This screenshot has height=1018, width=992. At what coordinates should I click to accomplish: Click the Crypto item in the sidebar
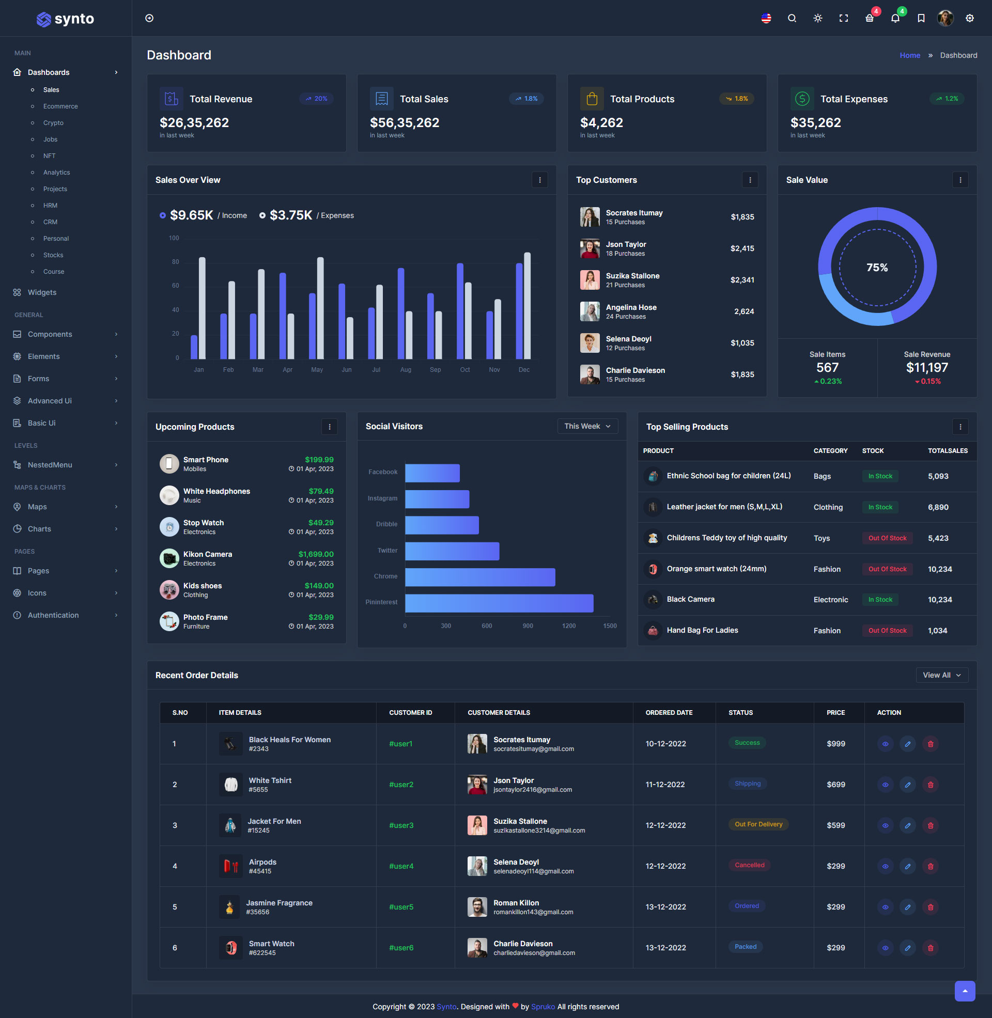tap(53, 123)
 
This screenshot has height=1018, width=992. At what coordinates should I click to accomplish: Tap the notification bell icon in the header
tap(895, 18)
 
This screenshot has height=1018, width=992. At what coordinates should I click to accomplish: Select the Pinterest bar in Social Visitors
tap(499, 602)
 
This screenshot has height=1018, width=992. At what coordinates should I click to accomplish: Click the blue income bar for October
tap(460, 311)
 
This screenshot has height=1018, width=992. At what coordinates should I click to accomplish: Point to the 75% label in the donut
tap(877, 268)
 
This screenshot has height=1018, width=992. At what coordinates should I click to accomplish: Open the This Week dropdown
tap(587, 426)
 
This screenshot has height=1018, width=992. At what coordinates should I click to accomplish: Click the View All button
tap(941, 675)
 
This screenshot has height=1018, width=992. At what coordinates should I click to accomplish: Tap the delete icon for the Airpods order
tap(930, 866)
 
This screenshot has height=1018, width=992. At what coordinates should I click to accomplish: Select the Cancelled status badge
tap(749, 865)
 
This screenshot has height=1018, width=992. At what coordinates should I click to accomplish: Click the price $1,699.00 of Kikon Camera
tap(316, 554)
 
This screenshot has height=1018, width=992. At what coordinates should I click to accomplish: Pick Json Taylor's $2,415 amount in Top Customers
tap(742, 248)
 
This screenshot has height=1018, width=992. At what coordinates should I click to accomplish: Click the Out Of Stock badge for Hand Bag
tap(887, 631)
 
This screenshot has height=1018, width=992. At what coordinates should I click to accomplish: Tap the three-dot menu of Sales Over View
tap(539, 180)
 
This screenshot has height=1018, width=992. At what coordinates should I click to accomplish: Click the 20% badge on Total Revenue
tap(316, 99)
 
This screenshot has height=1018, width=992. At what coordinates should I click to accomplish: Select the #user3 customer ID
tap(400, 825)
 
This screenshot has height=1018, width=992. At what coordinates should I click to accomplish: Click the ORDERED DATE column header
tap(669, 712)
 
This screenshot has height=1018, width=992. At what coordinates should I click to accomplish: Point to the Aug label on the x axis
tap(406, 370)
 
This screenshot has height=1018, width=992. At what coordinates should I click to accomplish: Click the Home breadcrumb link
tap(910, 55)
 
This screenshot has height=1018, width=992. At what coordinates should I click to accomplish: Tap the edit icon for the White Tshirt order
tap(907, 785)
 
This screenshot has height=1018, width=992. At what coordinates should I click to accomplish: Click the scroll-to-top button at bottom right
tap(965, 991)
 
